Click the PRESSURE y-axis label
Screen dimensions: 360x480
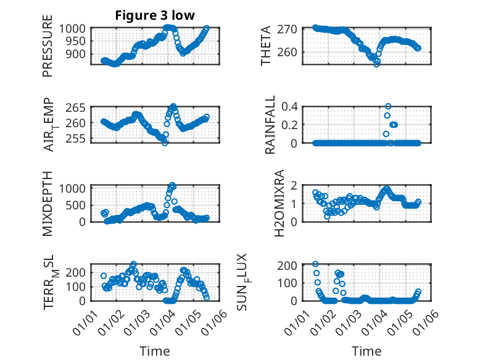(x=48, y=50)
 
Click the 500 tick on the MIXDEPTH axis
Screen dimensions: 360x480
(x=80, y=204)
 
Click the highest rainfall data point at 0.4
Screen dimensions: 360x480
(x=388, y=106)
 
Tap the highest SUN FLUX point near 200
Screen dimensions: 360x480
(x=315, y=264)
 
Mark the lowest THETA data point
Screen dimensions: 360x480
(x=376, y=64)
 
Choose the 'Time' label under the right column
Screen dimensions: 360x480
(x=366, y=351)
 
